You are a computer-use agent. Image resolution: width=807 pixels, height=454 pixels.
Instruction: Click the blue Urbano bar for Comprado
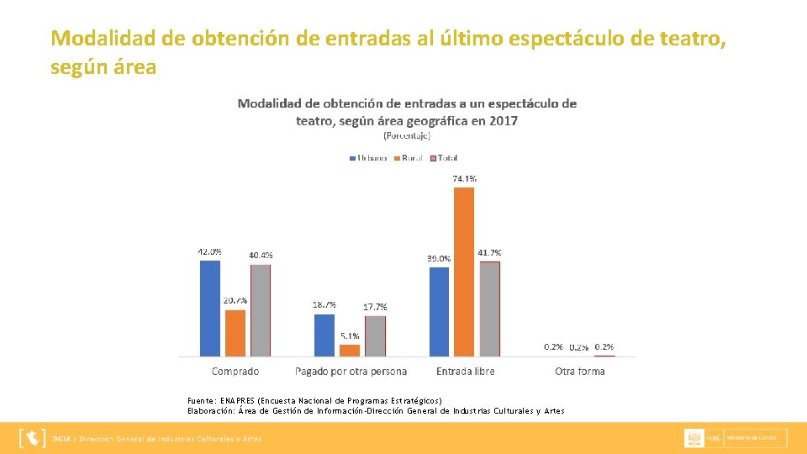209,308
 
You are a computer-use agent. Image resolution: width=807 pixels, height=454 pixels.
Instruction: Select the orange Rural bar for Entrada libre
464,272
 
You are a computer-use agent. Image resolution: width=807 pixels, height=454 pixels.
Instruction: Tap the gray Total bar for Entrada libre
489,309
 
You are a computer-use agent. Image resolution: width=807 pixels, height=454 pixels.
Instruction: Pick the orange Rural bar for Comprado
235,333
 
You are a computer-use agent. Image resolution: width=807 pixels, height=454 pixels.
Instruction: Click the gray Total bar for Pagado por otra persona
375,335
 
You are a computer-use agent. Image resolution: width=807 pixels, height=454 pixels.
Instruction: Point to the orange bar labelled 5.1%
350,350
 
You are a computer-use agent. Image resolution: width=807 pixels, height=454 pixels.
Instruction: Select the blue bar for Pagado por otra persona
324,335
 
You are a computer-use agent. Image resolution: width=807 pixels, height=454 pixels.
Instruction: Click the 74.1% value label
465,178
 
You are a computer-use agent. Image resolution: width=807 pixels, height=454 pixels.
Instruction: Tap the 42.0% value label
210,251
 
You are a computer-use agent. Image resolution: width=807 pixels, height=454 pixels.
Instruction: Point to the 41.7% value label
490,252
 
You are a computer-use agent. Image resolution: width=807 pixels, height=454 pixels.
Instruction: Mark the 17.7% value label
375,307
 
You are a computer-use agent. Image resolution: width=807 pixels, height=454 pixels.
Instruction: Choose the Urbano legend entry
367,158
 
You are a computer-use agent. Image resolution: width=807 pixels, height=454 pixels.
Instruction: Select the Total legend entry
443,158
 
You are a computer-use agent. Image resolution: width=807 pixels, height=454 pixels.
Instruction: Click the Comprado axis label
235,371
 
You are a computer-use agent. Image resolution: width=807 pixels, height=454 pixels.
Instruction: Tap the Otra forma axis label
579,371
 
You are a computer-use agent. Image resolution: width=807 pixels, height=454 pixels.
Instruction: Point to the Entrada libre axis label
465,371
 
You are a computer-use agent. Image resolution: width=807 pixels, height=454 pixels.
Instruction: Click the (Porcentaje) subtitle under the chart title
407,135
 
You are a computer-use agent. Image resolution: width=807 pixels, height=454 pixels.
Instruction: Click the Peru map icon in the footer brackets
32,438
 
